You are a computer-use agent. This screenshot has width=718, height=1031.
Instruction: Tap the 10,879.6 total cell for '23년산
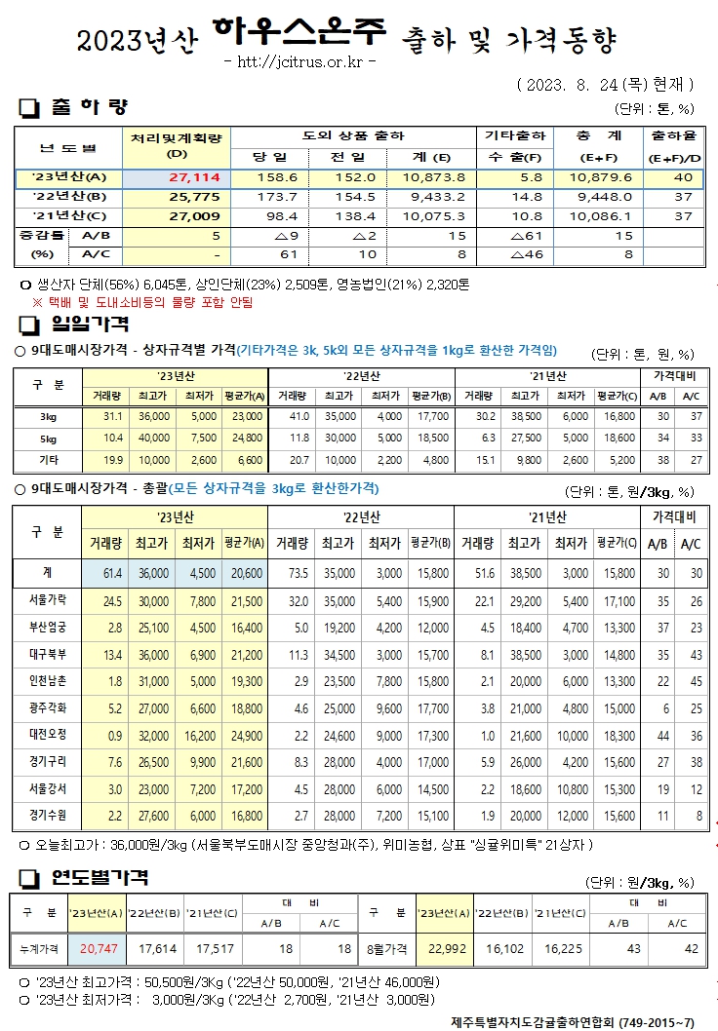[x=600, y=177]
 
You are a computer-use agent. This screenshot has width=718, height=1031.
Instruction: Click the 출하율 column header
[x=673, y=135]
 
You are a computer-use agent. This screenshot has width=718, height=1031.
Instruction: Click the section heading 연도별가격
[x=99, y=879]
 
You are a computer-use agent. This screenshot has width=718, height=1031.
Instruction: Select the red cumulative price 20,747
[x=99, y=946]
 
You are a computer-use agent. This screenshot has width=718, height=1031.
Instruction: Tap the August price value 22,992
[x=444, y=946]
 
